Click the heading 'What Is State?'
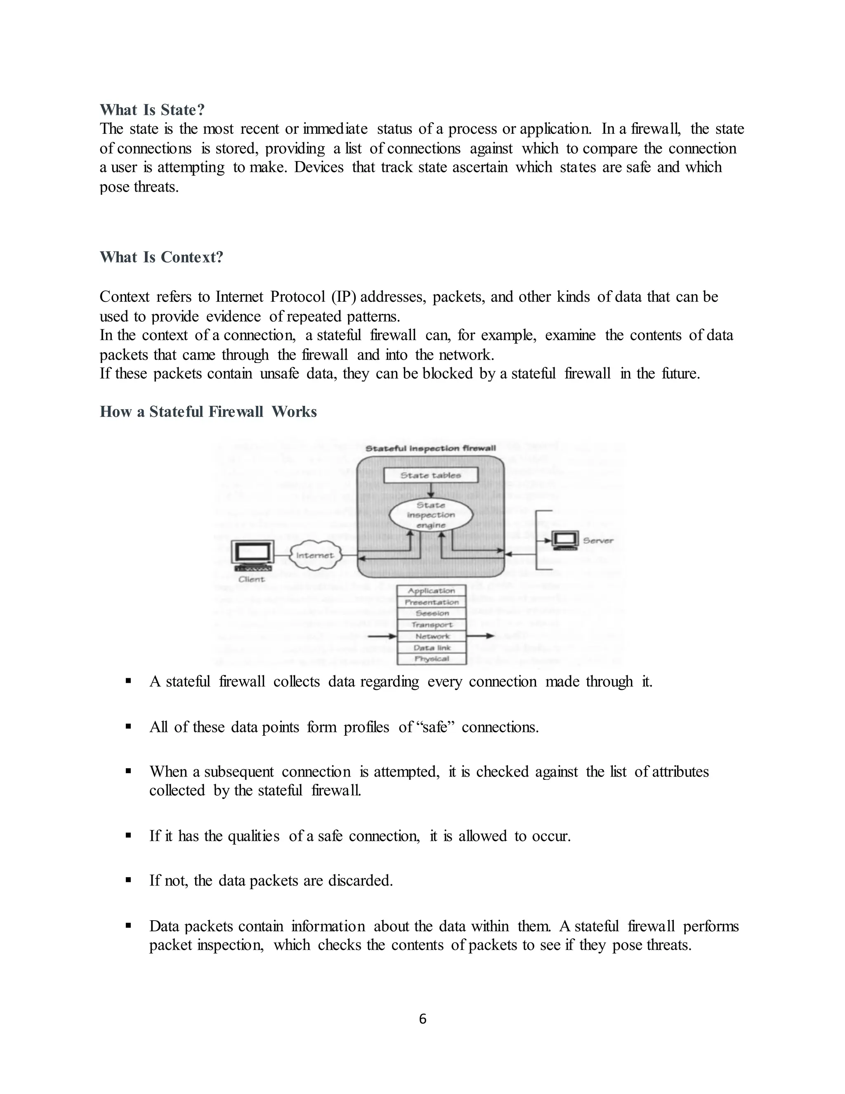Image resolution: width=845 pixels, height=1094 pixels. [x=152, y=110]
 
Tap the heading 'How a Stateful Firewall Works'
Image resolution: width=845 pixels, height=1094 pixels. [x=208, y=412]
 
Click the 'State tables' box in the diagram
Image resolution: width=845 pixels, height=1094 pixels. [x=430, y=475]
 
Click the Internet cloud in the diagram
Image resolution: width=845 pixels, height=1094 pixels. [x=315, y=555]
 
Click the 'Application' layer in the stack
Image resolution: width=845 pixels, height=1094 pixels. [x=431, y=591]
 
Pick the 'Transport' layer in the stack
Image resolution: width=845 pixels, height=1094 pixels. [x=431, y=625]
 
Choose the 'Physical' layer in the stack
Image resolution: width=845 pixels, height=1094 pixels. [x=431, y=659]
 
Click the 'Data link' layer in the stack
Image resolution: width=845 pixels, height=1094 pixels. [x=431, y=648]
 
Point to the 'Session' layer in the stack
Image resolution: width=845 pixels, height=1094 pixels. [x=431, y=613]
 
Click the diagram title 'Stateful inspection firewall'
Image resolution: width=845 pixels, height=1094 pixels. [x=430, y=448]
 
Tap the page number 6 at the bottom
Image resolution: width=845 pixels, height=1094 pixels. [x=422, y=1019]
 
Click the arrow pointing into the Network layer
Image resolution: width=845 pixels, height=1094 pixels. [x=383, y=636]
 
